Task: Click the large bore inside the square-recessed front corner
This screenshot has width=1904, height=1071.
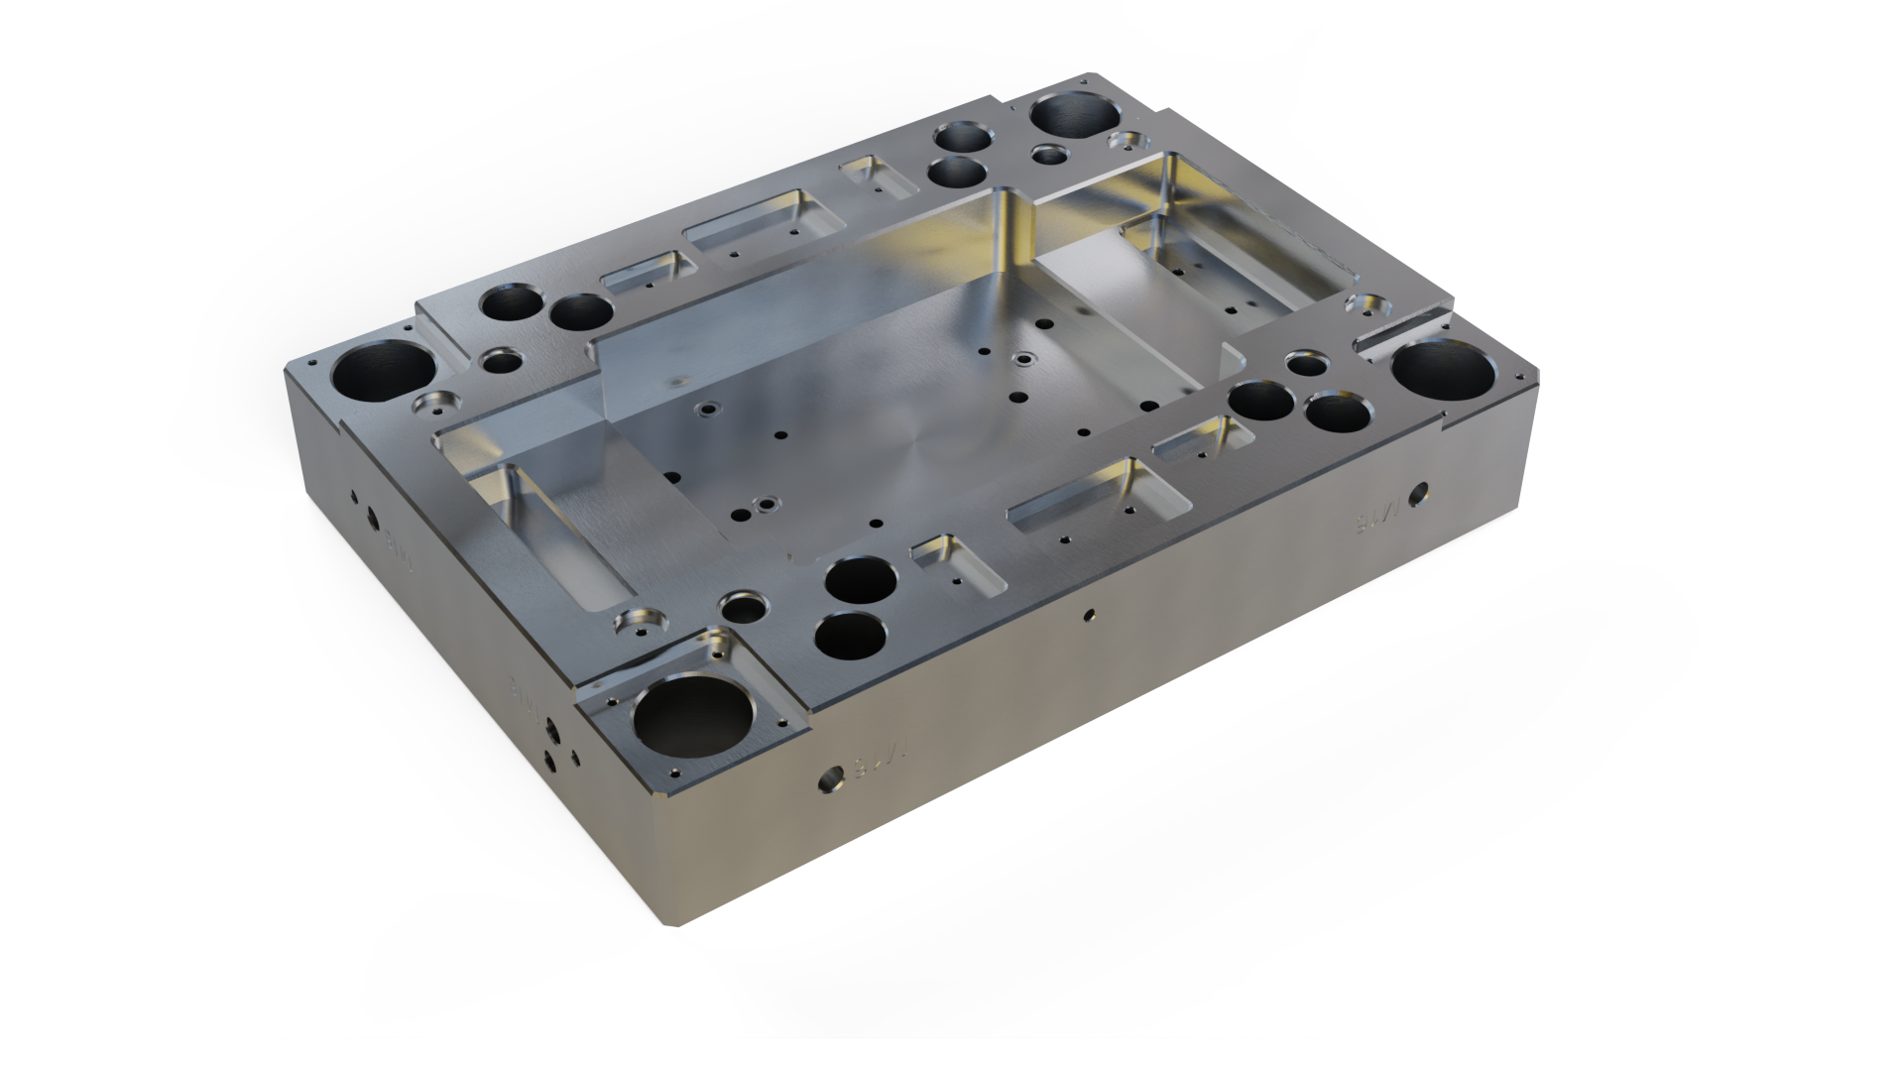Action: pos(691,724)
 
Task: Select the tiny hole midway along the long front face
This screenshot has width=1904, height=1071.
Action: pos(1088,616)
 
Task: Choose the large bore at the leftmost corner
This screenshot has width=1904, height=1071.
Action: pos(380,370)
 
